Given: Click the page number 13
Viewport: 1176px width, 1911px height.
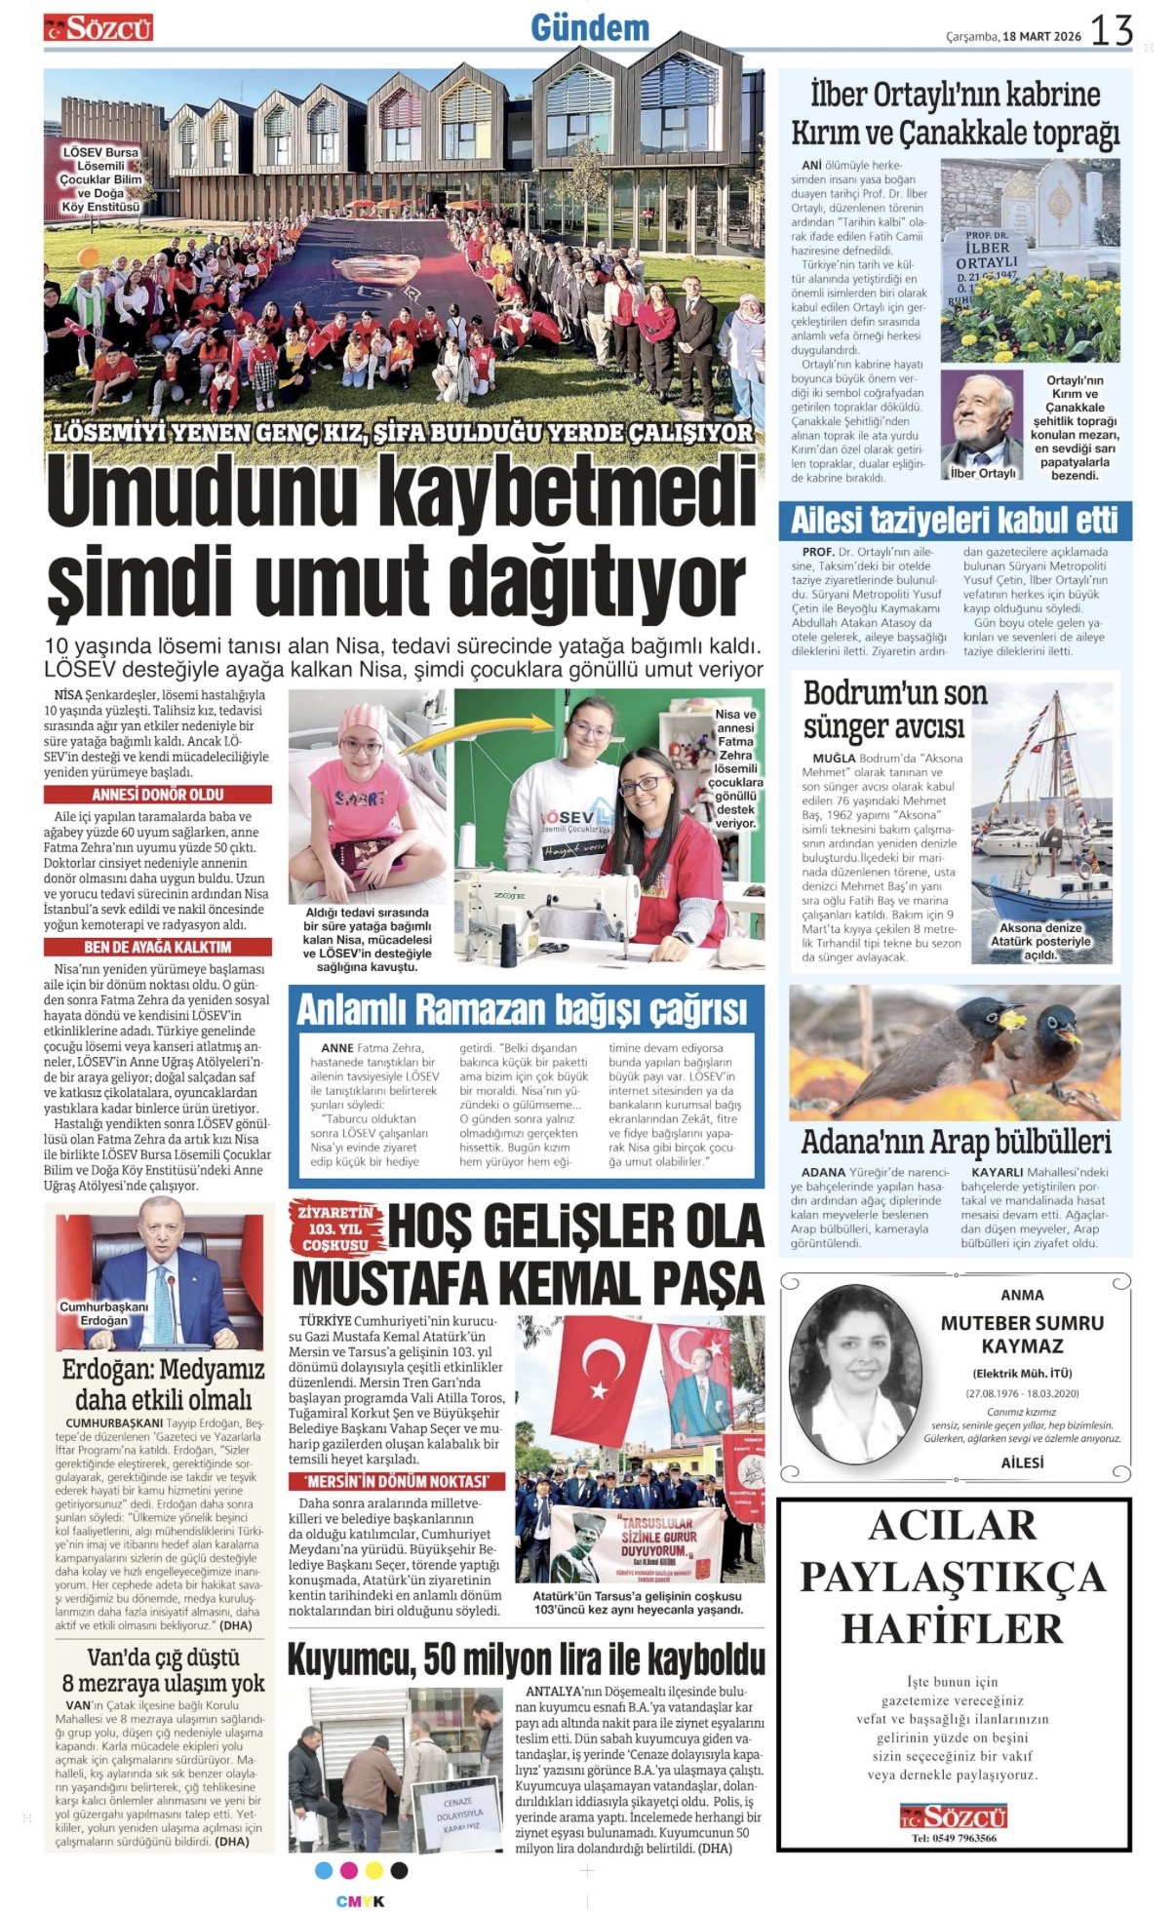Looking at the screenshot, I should [1111, 30].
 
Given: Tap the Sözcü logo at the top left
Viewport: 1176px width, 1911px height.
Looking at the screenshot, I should [98, 28].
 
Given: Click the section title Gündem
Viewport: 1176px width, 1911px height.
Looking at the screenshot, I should [589, 27].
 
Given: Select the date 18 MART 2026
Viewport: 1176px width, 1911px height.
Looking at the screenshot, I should [1042, 36].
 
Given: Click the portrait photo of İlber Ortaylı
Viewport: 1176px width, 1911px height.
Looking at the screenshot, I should [980, 425].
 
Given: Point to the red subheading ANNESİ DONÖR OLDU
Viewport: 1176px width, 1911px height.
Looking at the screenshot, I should [158, 795].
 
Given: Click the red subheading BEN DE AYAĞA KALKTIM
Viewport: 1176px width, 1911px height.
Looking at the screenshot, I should [158, 947].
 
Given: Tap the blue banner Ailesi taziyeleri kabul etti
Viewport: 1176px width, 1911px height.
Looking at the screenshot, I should [955, 521].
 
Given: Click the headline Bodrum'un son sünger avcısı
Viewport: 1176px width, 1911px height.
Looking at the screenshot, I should [882, 710].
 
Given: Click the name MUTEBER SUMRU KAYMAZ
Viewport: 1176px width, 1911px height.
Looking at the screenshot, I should [1022, 1334].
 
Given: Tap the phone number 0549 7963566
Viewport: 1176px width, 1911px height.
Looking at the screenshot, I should [954, 1838].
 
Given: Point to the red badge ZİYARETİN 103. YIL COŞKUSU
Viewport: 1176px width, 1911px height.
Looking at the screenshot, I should [335, 1228].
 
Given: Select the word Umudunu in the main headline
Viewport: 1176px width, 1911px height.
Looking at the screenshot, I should [204, 494].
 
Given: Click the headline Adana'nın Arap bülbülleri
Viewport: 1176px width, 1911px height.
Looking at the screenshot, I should [955, 1142].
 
